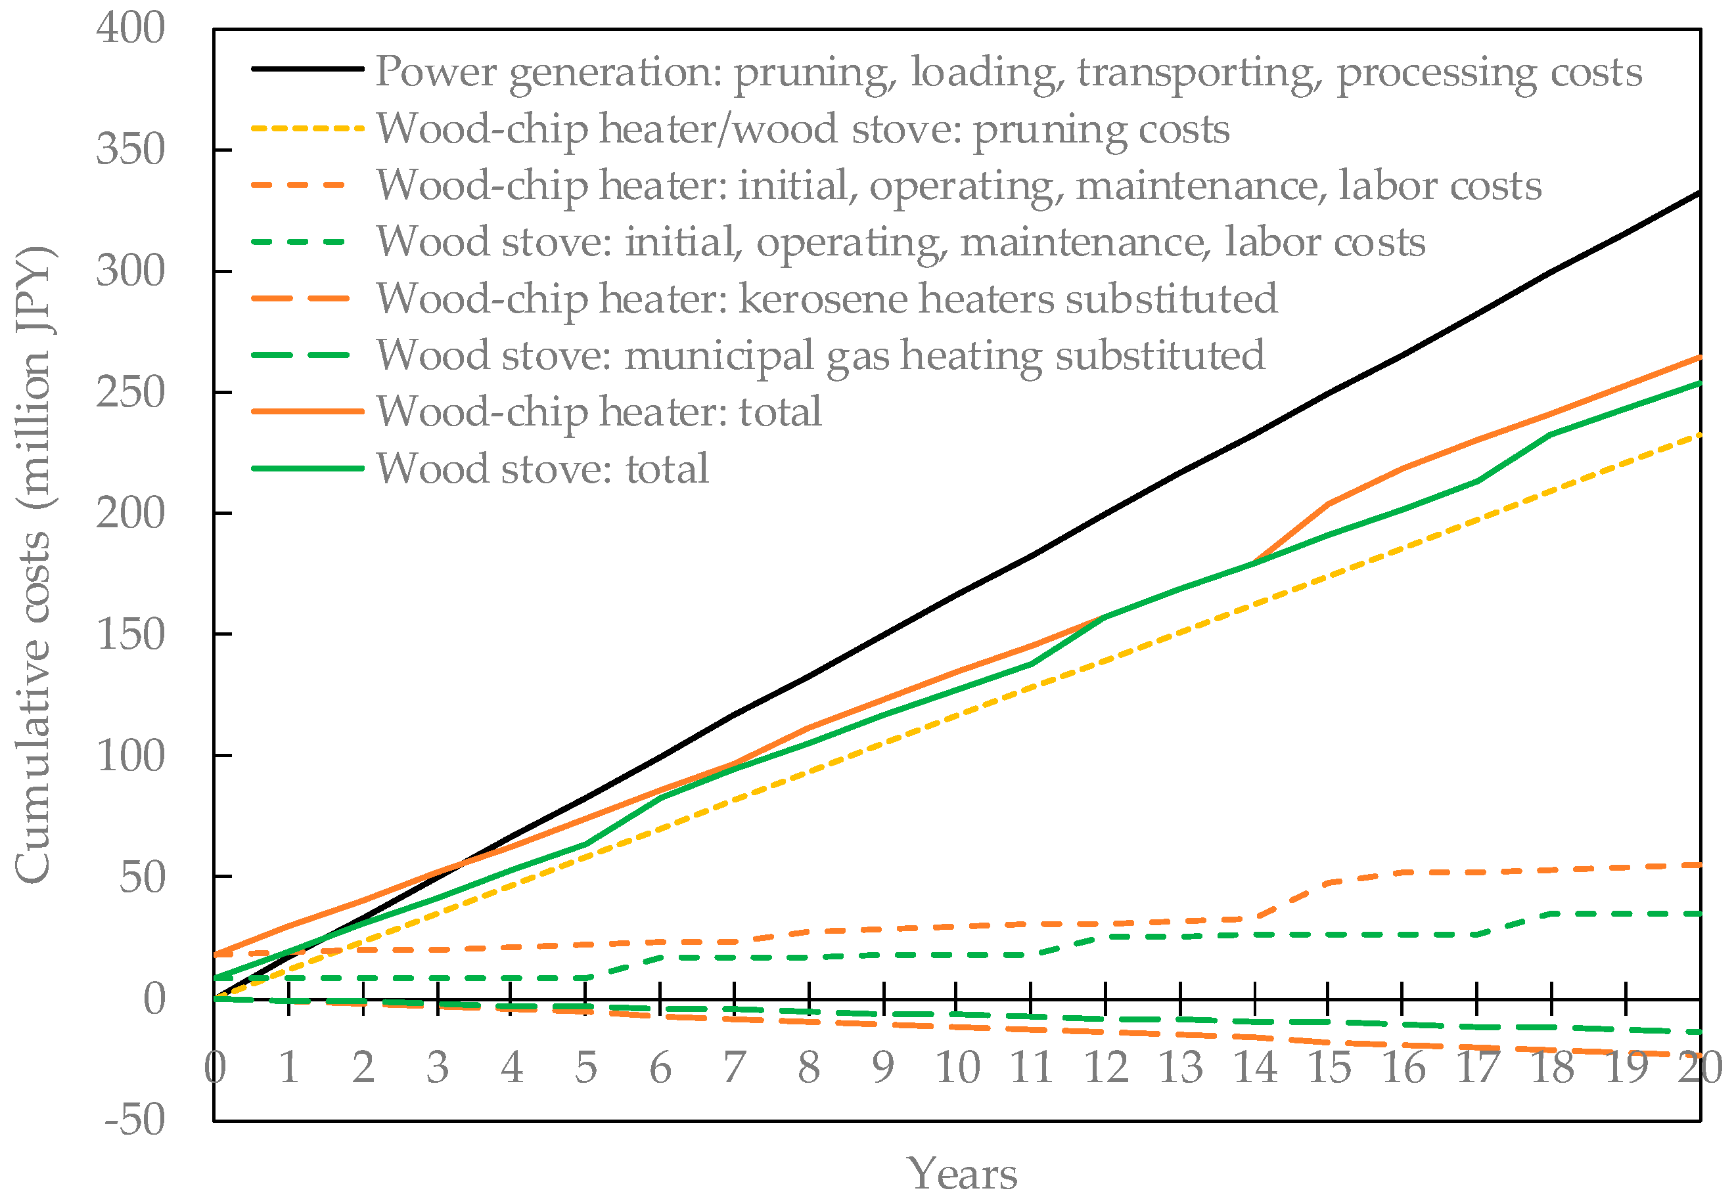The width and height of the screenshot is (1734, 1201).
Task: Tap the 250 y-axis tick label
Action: [129, 392]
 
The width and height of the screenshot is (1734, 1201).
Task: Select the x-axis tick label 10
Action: [956, 1067]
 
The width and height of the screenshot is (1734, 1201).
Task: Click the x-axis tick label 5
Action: [586, 1067]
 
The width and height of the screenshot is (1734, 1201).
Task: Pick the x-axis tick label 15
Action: [1328, 1067]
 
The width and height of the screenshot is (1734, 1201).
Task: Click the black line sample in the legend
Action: [308, 69]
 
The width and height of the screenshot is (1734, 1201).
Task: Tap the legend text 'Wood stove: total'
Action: [542, 468]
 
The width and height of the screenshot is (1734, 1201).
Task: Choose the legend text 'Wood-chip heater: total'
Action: [599, 412]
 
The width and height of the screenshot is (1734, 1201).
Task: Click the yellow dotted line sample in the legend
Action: [308, 129]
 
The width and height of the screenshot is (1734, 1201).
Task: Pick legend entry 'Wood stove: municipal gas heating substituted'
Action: [821, 355]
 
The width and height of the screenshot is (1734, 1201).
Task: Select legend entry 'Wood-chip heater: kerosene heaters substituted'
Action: [827, 299]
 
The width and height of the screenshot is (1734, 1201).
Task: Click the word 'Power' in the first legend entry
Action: [437, 72]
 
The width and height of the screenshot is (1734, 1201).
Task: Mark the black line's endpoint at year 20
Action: [1699, 194]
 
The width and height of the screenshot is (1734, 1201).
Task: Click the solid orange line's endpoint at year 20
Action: [1699, 357]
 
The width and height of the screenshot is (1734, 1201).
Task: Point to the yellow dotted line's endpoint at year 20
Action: [1699, 434]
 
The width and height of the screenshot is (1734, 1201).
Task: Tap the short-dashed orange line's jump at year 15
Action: [1328, 882]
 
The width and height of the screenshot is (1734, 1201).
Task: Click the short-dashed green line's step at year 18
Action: [1551, 913]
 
